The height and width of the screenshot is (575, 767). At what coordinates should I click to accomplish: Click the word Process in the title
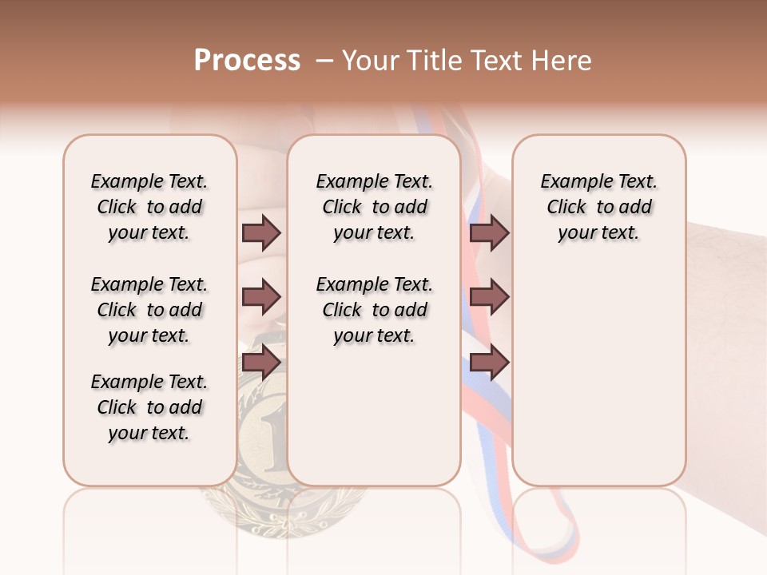click(247, 61)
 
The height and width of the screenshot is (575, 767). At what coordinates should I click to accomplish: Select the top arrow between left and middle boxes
click(261, 232)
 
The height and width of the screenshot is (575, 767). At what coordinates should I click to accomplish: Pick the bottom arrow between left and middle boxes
click(261, 363)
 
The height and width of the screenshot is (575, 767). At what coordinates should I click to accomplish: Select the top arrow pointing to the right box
click(489, 232)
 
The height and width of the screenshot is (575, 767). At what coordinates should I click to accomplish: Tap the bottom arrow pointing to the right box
click(489, 363)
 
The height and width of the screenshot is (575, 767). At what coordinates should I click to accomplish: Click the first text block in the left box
click(149, 207)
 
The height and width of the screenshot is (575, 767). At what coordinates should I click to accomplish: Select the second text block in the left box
click(149, 310)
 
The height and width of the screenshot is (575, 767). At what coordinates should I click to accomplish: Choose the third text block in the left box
click(149, 407)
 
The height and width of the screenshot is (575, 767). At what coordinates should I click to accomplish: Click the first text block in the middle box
click(374, 207)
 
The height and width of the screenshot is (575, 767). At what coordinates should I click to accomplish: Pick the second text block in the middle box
click(374, 310)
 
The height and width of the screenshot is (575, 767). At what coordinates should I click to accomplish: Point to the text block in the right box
click(598, 207)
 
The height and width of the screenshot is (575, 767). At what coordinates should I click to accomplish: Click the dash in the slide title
click(324, 61)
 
